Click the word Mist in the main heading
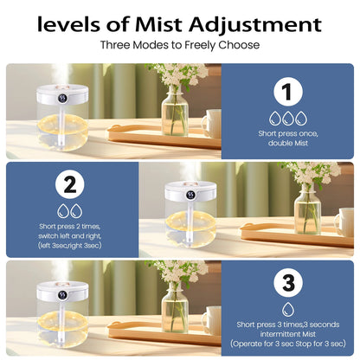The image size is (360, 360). pyautogui.click(x=159, y=24)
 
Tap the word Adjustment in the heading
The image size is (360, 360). pyautogui.click(x=255, y=25)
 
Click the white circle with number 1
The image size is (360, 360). pyautogui.click(x=288, y=92)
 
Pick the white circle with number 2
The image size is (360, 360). pyautogui.click(x=70, y=184)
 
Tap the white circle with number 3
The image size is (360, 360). pyautogui.click(x=288, y=283)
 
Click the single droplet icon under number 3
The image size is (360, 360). pyautogui.click(x=288, y=309)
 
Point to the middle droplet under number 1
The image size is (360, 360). pyautogui.click(x=288, y=119)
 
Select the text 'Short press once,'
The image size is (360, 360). pyautogui.click(x=288, y=133)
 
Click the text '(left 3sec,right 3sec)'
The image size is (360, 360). pyautogui.click(x=70, y=246)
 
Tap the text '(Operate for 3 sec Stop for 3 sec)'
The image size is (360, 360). pyautogui.click(x=288, y=344)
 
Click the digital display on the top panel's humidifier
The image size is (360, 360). pyautogui.click(x=62, y=98)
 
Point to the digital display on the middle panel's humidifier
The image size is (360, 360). pyautogui.click(x=190, y=195)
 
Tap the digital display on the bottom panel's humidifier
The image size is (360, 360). pyautogui.click(x=62, y=295)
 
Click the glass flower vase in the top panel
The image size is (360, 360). pyautogui.click(x=174, y=111)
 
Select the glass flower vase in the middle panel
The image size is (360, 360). pyautogui.click(x=307, y=209)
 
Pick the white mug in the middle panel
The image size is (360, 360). pyautogui.click(x=345, y=222)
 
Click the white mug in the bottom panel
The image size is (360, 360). pyautogui.click(x=212, y=321)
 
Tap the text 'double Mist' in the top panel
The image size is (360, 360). pyautogui.click(x=288, y=143)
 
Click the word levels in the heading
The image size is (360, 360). pyautogui.click(x=69, y=24)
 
